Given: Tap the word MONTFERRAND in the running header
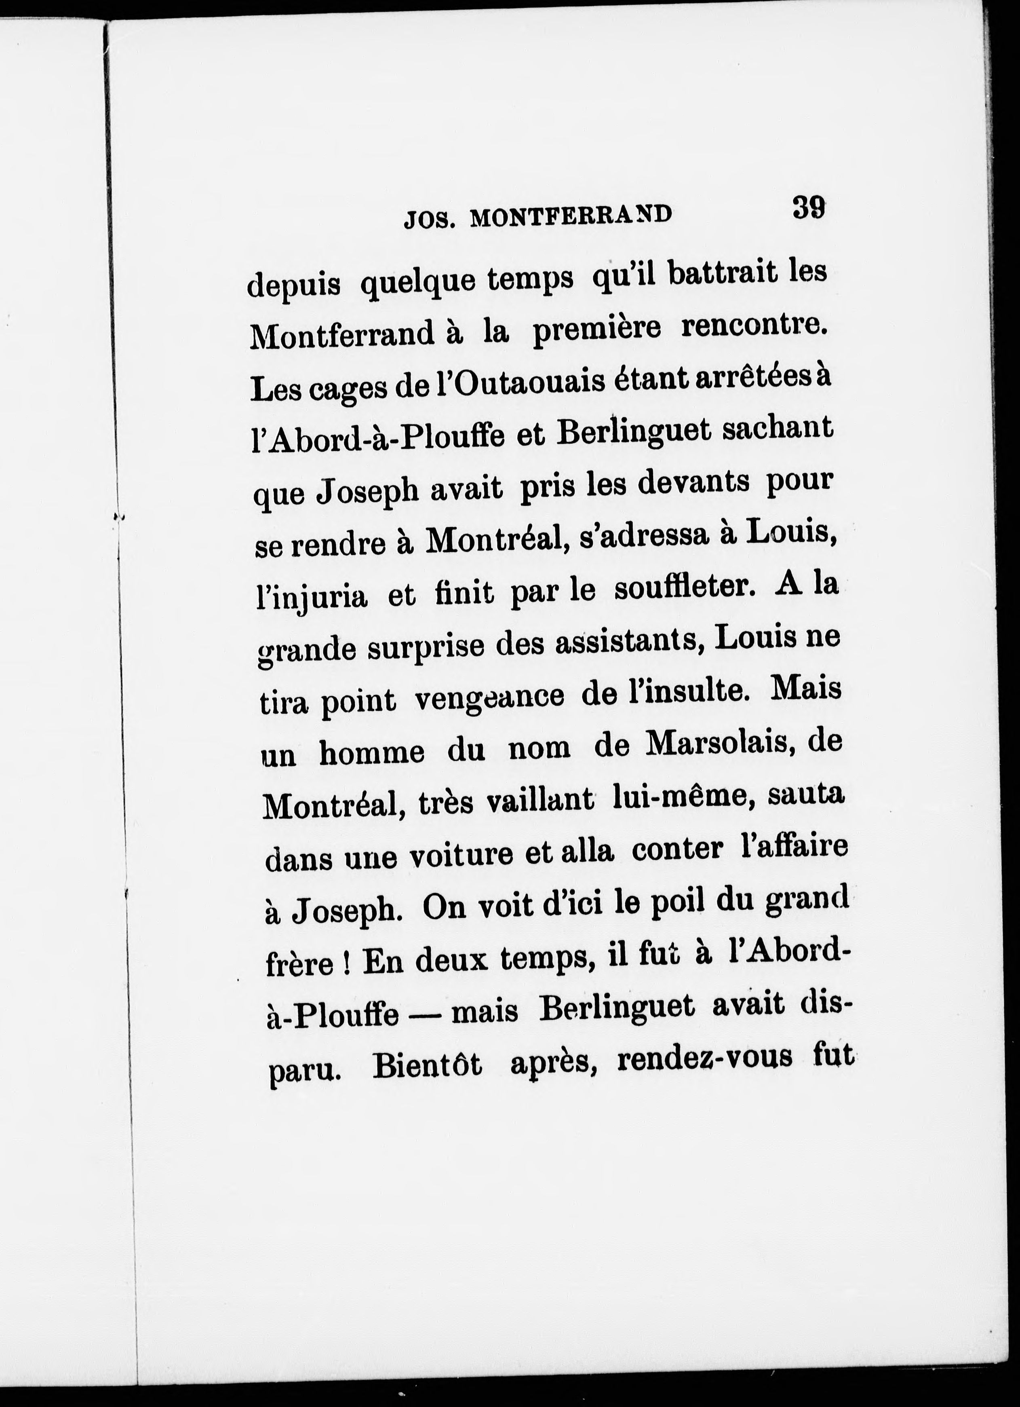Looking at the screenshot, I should point(571,217).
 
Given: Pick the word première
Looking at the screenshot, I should point(597,330).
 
